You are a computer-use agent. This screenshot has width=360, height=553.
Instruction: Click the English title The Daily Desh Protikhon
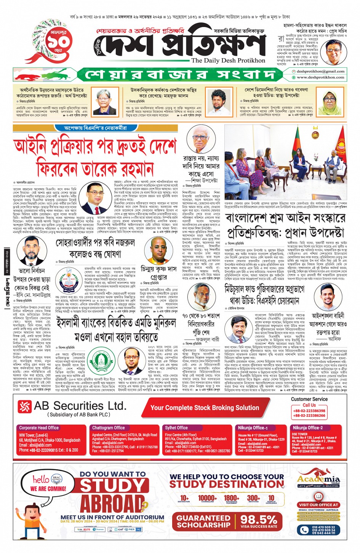point(228,60)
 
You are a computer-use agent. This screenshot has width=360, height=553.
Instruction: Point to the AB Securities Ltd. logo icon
point(25,407)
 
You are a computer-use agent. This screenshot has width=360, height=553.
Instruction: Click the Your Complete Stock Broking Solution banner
point(205,408)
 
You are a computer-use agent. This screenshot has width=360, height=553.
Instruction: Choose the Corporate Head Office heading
point(39,428)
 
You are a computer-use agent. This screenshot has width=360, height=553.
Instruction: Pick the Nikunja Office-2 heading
point(307,428)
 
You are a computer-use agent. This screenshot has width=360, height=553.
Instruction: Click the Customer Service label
point(309,399)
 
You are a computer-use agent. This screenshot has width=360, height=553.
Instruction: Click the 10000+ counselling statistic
point(207,499)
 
